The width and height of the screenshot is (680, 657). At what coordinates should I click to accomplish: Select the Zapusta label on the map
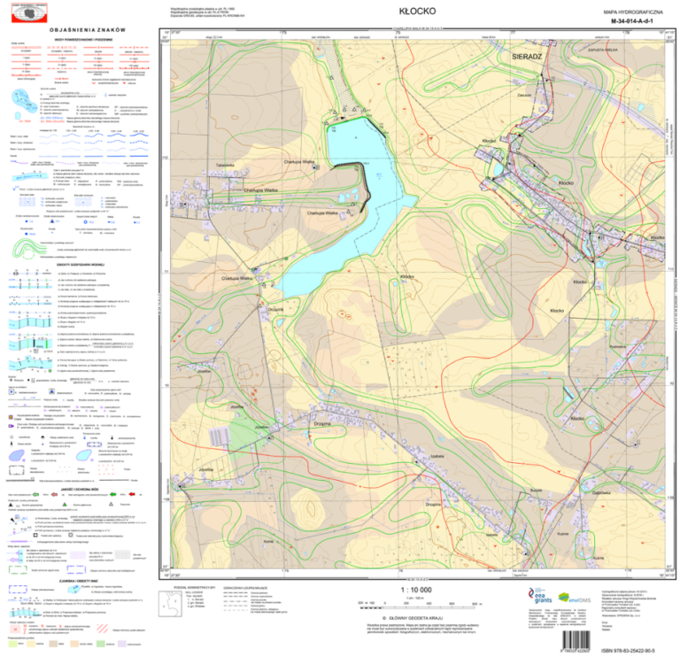[x=525, y=95]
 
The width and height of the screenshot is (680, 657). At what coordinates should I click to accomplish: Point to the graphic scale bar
[x=416, y=604]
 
